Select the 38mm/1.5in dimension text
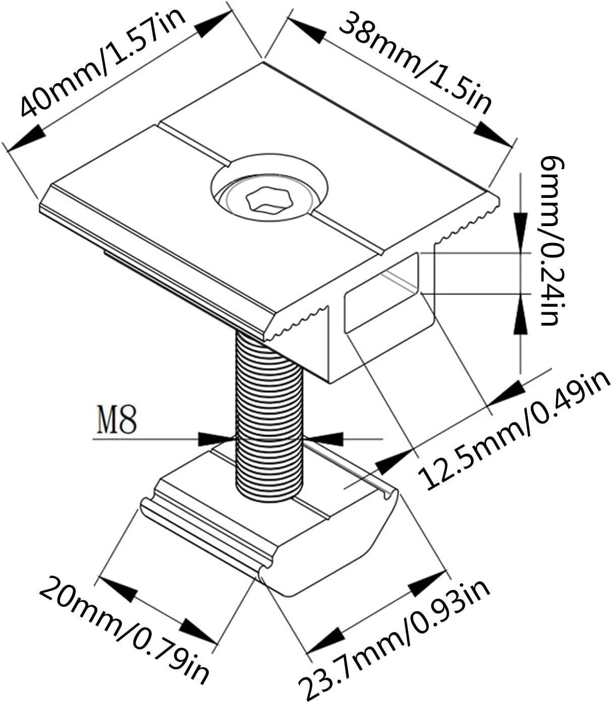tap(416, 63)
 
